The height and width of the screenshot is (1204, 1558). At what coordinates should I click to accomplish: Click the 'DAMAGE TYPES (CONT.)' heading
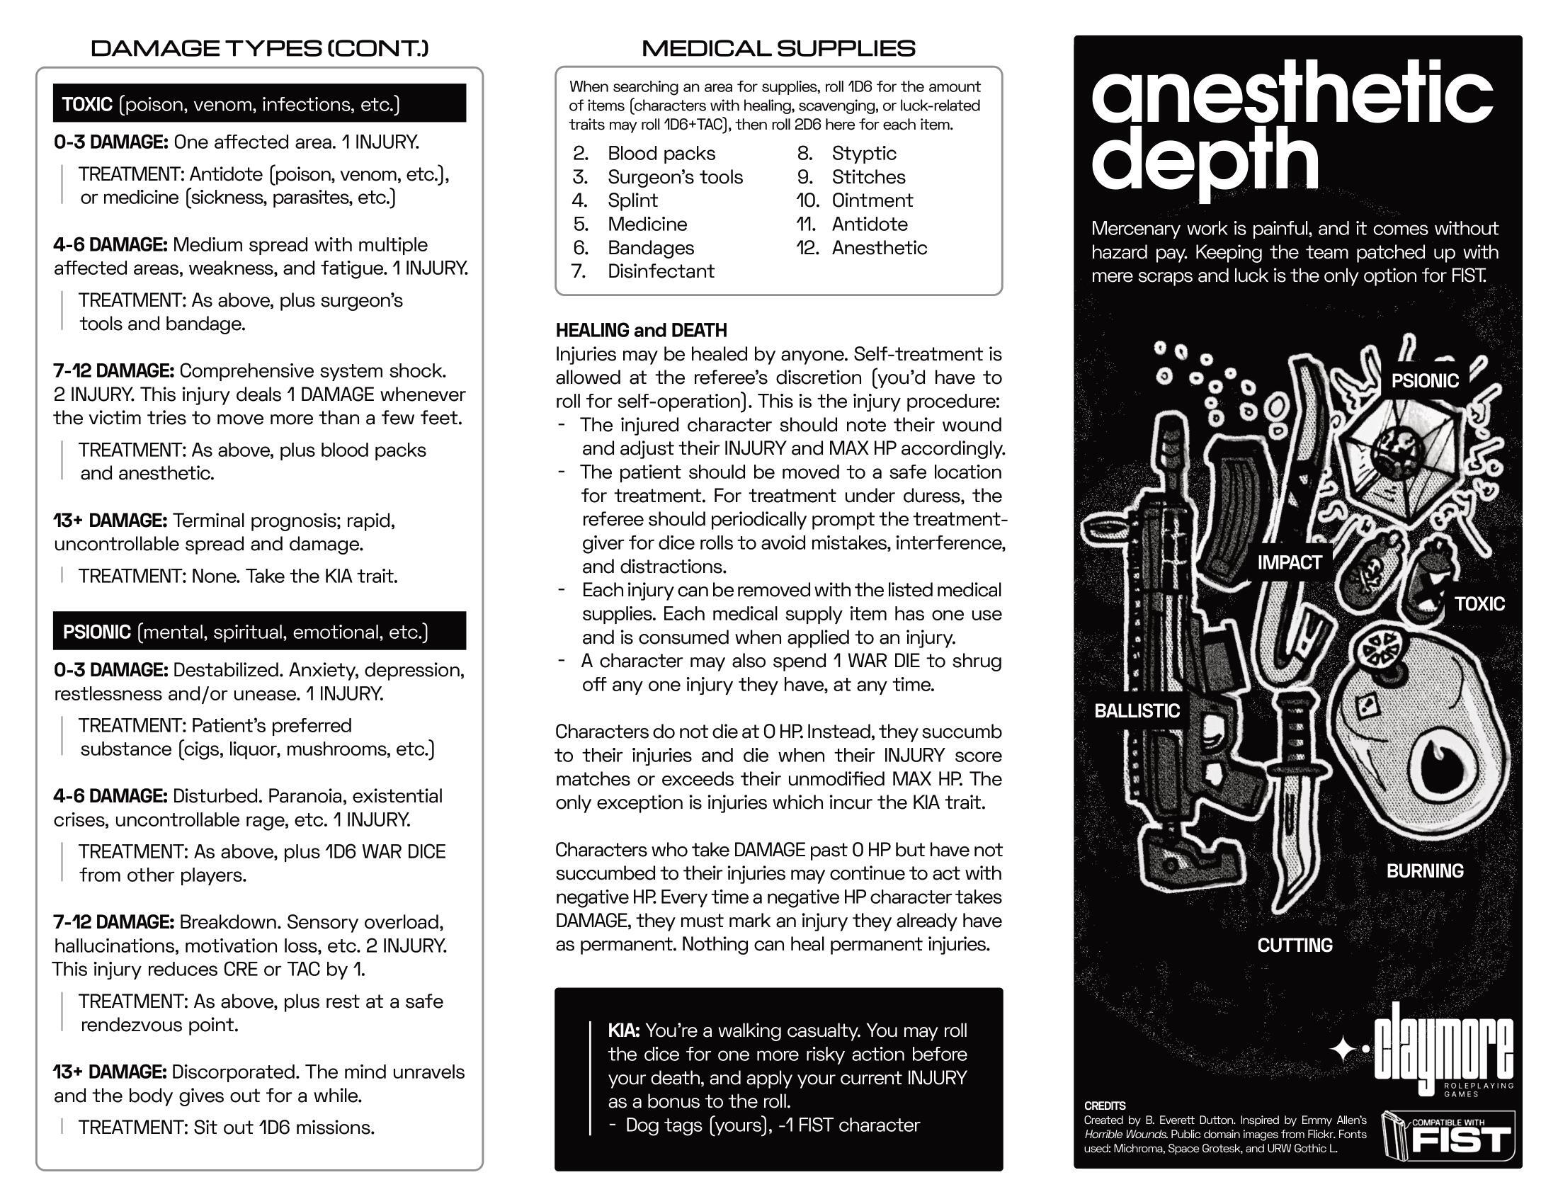click(x=260, y=48)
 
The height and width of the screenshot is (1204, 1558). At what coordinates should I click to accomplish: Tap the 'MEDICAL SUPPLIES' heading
click(x=778, y=48)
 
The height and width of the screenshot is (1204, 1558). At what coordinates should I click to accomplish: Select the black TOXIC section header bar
click(x=259, y=103)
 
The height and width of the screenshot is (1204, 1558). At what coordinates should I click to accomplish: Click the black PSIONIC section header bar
click(x=259, y=631)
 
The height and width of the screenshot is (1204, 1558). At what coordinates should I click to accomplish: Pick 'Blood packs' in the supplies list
click(x=661, y=154)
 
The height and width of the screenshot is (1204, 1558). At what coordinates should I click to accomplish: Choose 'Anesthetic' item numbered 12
click(x=879, y=248)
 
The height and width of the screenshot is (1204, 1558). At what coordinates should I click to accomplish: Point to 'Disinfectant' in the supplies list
click(x=661, y=272)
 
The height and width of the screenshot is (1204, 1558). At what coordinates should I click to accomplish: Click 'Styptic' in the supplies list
click(x=863, y=154)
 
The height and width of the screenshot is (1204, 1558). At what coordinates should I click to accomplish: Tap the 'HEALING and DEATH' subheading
click(x=642, y=330)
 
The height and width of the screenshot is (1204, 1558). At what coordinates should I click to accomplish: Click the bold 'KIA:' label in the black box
click(x=623, y=1030)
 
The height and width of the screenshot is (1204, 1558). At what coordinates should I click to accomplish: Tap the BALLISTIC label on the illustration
click(x=1137, y=710)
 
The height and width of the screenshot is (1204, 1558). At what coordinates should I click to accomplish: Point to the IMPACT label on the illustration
click(x=1289, y=562)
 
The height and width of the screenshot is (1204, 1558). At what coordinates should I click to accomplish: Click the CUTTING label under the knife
click(x=1294, y=945)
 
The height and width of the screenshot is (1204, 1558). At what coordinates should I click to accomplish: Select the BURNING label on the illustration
click(x=1425, y=870)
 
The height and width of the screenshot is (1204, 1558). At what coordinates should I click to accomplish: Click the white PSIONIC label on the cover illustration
click(x=1424, y=380)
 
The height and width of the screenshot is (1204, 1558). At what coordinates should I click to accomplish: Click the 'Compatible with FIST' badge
click(x=1448, y=1135)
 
